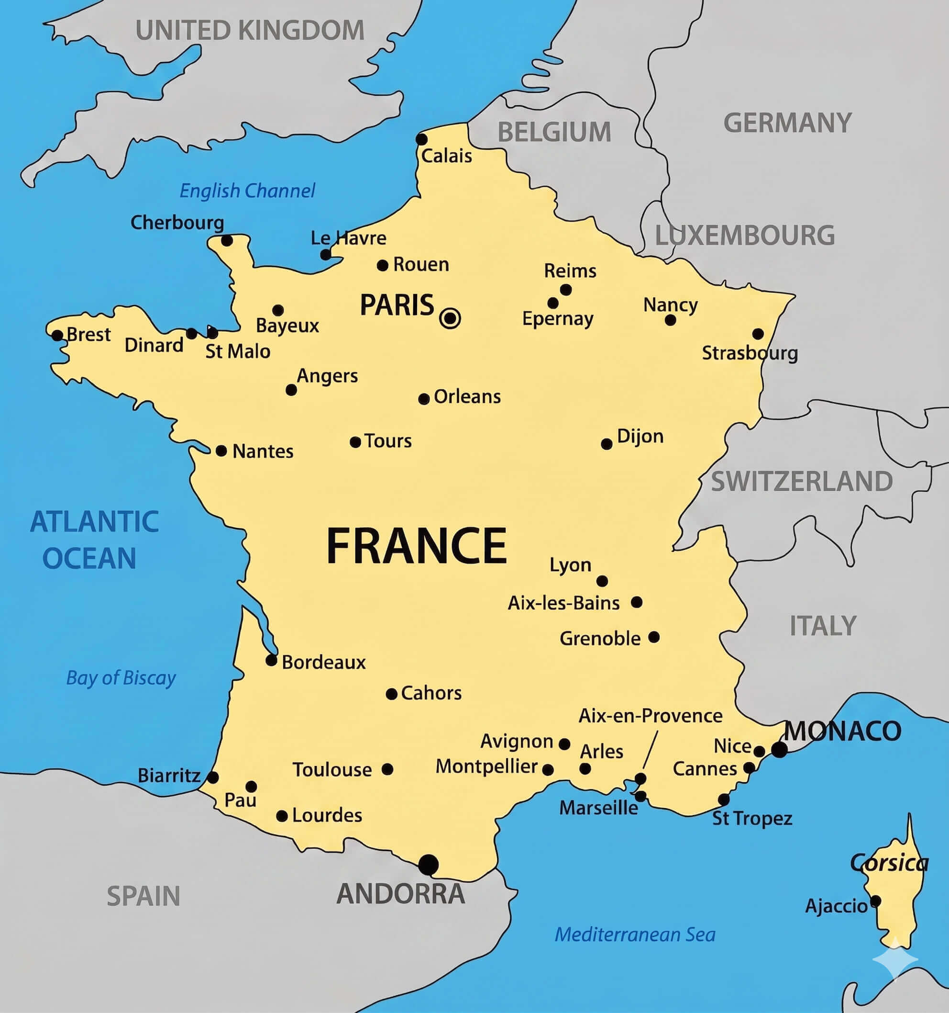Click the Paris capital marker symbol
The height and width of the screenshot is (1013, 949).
coord(450,318)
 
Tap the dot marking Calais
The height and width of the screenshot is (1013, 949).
coord(421,139)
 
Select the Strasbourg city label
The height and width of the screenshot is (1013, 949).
coord(750,353)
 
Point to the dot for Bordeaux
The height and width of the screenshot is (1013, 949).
coord(271,660)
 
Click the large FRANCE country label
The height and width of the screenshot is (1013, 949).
coord(417,546)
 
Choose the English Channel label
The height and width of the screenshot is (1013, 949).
coord(247,191)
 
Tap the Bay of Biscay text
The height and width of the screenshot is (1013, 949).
coord(121,678)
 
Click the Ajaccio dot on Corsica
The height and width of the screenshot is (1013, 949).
coord(875,901)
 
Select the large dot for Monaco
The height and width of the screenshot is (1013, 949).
coord(779,750)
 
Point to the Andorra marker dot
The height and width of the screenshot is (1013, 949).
coord(428,864)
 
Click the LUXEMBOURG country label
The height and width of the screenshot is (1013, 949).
coord(744,236)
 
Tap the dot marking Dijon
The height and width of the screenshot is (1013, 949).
coord(607,444)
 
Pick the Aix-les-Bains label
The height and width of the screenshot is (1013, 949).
coord(563,603)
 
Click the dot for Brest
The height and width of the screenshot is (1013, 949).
coord(57,335)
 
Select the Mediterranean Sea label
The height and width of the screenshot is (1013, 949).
coord(635,934)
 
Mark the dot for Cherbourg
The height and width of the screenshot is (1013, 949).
coord(227,240)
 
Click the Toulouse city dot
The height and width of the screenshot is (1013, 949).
coord(387,769)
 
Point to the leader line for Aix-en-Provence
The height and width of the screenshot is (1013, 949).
coord(650,749)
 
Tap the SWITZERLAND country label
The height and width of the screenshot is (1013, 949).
coord(801,482)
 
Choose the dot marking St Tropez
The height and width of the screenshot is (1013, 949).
coord(723,799)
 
